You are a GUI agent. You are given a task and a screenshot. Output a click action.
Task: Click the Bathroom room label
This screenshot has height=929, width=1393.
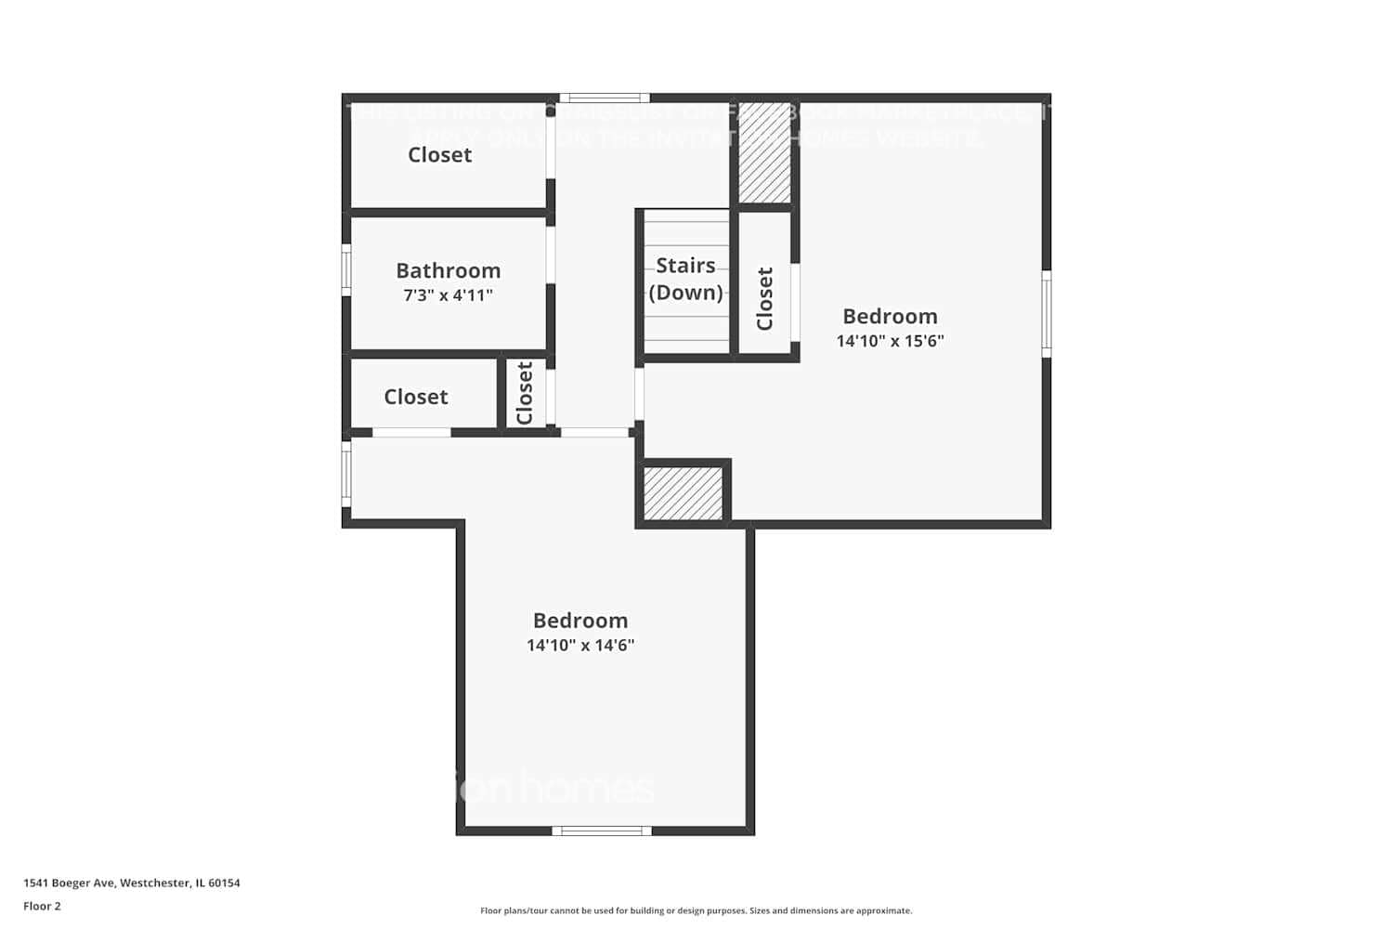(448, 270)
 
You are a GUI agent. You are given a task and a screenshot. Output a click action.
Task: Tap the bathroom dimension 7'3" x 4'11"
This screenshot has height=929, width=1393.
(448, 295)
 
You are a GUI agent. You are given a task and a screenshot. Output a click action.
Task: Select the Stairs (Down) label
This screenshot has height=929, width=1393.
(685, 279)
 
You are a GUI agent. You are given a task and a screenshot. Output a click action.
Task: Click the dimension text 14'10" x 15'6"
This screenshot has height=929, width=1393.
(890, 341)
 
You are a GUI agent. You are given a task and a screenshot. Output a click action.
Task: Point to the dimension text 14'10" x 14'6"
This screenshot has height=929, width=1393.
(580, 645)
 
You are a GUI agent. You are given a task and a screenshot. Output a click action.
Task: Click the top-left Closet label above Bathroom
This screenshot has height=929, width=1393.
(439, 155)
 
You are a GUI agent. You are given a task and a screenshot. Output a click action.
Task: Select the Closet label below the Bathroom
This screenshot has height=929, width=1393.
(415, 397)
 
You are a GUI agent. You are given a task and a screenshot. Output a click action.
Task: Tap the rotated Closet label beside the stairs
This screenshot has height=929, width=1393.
(765, 298)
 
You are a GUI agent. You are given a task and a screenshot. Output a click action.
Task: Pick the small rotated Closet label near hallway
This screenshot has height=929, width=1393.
(525, 393)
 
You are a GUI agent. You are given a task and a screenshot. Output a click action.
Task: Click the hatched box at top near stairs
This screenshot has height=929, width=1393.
(764, 153)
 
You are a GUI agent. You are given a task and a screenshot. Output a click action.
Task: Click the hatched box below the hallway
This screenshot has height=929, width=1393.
(683, 493)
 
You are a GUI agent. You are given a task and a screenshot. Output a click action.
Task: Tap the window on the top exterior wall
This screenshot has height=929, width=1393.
(604, 98)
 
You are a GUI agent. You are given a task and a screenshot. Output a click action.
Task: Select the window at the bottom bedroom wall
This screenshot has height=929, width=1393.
(601, 831)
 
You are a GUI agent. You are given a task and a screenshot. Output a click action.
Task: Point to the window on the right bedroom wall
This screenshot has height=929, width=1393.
(1046, 313)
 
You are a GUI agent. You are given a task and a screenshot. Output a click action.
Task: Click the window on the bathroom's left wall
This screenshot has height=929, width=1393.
(346, 270)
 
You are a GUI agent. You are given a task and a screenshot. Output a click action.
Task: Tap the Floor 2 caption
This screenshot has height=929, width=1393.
(42, 906)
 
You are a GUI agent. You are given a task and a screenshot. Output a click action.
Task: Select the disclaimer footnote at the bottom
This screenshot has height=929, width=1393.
(696, 910)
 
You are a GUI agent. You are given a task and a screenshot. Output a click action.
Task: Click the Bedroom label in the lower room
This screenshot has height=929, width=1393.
(580, 620)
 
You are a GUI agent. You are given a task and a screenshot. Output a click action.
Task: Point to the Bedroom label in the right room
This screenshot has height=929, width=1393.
(890, 316)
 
